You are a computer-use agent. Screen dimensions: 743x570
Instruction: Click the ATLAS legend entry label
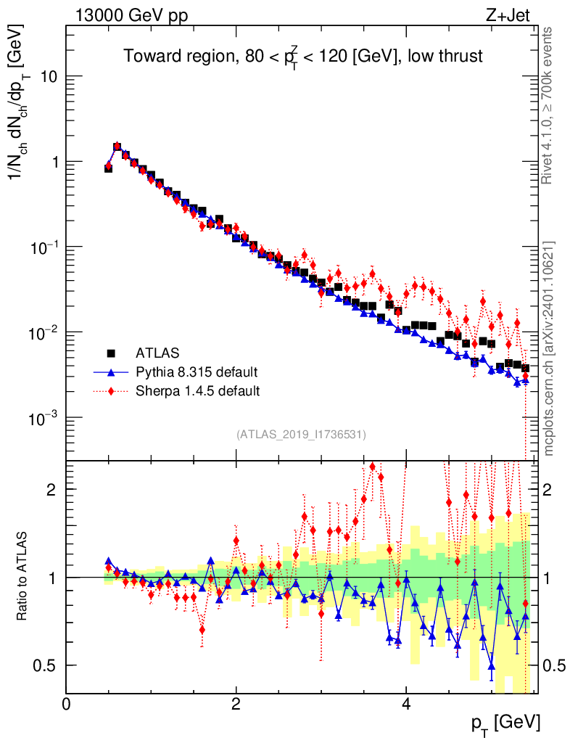tap(157, 353)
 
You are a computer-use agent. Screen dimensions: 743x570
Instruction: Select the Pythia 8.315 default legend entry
tap(197, 372)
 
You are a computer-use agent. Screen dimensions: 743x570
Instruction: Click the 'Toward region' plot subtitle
tap(302, 57)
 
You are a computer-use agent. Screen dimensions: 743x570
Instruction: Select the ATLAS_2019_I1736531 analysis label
tap(301, 435)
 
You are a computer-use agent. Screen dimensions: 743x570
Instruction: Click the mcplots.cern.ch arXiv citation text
tap(548, 348)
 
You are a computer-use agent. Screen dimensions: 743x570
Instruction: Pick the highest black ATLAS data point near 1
tap(117, 147)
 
